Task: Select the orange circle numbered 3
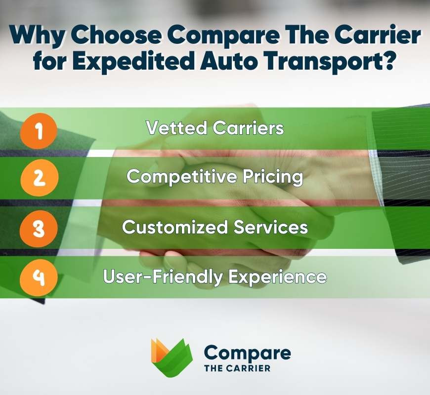pos(39,228)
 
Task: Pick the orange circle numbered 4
pos(39,277)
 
